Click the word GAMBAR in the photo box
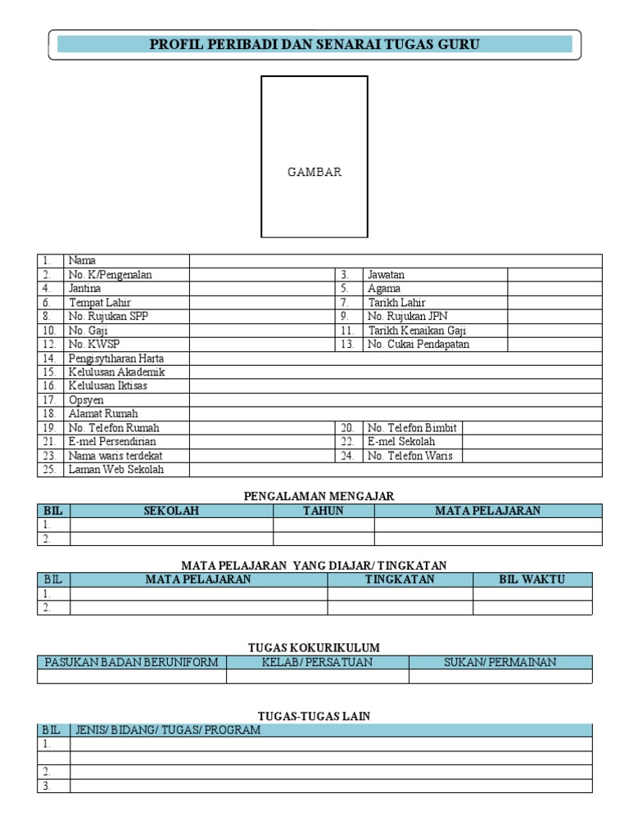[x=314, y=172]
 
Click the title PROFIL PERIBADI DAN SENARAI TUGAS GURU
[x=314, y=44]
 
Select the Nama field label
[x=82, y=260]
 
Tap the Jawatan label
[x=386, y=274]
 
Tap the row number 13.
[x=348, y=344]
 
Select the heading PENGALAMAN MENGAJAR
[x=319, y=496]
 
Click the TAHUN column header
[x=324, y=511]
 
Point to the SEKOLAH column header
[x=171, y=511]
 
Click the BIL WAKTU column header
[x=532, y=579]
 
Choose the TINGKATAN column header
[x=400, y=579]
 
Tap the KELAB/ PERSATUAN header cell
[x=317, y=662]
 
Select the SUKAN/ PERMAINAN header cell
[x=500, y=662]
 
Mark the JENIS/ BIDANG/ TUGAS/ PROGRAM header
[x=168, y=730]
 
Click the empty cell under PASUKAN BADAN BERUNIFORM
[x=131, y=676]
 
